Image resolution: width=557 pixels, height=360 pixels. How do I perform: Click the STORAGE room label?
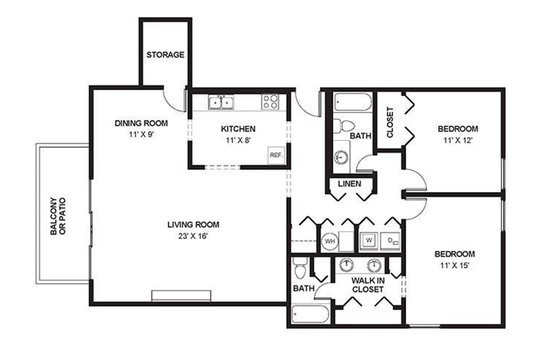(165, 55)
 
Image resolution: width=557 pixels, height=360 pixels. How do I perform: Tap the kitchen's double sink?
(221, 103)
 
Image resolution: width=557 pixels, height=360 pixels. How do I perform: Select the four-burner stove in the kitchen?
(270, 102)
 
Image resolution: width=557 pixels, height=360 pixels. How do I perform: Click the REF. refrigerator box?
(276, 155)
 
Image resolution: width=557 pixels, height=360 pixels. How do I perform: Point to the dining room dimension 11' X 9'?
(141, 135)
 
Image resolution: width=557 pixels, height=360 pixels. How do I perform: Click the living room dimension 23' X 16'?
(193, 236)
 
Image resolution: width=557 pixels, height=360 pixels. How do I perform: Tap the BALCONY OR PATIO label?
(58, 216)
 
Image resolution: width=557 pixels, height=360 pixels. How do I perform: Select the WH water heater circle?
(330, 241)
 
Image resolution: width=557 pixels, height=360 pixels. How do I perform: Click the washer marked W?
(369, 240)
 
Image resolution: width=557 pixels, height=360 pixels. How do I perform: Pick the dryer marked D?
(390, 240)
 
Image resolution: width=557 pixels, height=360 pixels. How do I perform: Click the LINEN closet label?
(350, 184)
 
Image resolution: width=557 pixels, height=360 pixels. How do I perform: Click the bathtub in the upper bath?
(353, 102)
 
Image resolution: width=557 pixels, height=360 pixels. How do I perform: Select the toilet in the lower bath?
(300, 268)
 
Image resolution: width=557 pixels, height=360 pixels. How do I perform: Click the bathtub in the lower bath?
(311, 314)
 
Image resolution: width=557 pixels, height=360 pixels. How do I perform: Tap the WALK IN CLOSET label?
(368, 285)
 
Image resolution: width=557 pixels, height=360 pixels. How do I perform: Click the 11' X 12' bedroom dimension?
(458, 141)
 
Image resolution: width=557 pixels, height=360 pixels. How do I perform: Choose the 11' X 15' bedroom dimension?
(454, 265)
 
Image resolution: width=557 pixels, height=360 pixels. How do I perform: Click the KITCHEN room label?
(238, 129)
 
